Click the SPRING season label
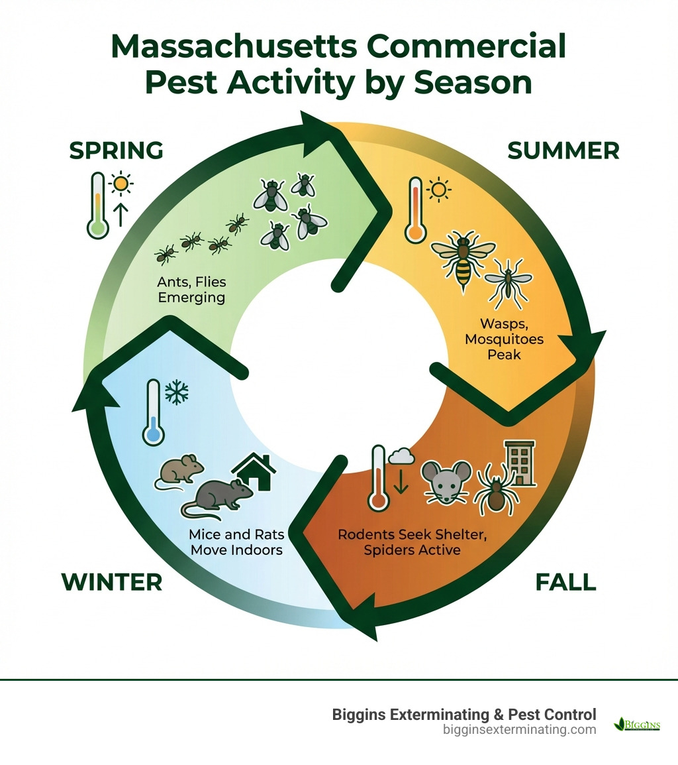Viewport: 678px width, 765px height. coord(116,150)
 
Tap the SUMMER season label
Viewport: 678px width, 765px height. coord(563,150)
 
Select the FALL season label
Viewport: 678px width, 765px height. coord(565,581)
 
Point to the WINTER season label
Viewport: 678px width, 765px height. coord(111,581)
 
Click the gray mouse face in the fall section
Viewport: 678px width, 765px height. coord(446,482)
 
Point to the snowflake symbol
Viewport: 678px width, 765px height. coord(176,393)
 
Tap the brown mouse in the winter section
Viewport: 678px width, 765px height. coord(182,471)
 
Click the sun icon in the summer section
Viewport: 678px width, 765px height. coord(438,191)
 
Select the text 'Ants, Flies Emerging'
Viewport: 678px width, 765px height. coord(191,290)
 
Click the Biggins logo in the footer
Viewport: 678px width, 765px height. coord(637,724)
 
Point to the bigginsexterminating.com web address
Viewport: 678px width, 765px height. coord(519,729)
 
